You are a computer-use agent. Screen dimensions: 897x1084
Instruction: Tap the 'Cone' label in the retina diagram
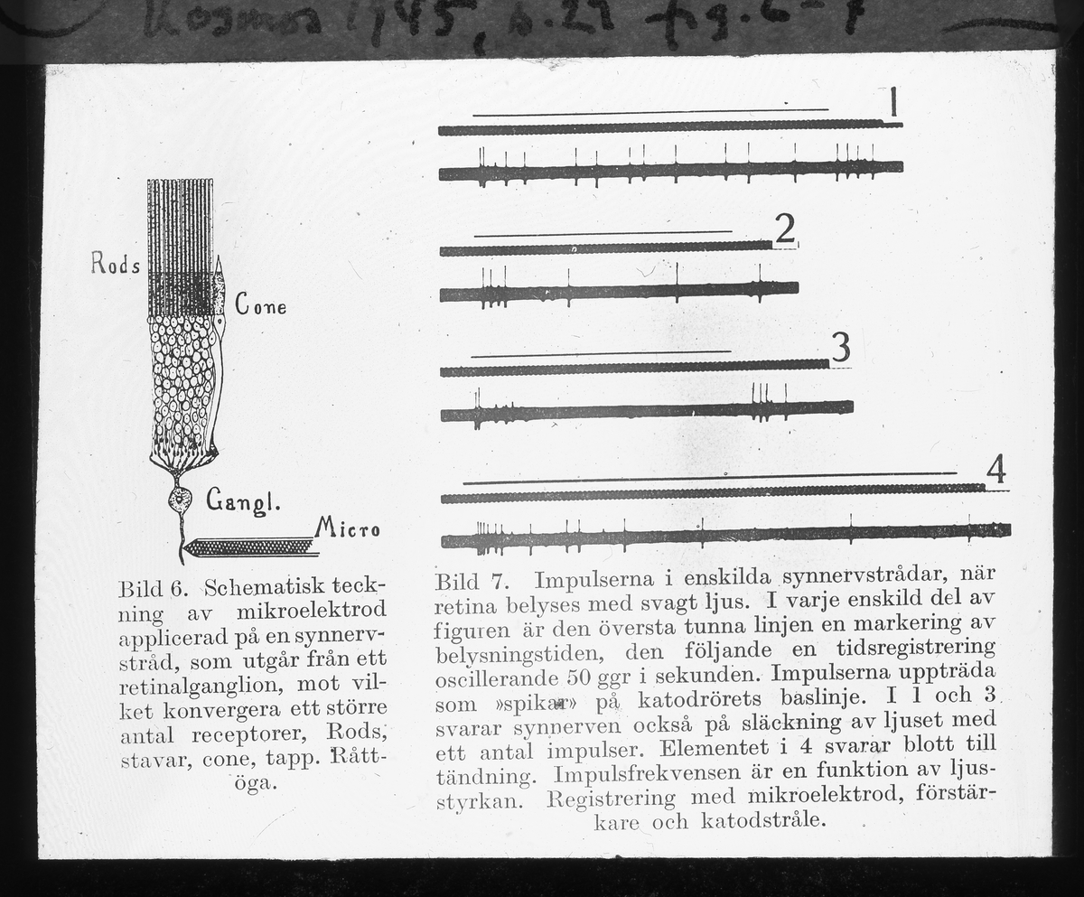point(261,305)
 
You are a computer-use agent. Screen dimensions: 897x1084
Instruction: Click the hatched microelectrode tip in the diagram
point(248,547)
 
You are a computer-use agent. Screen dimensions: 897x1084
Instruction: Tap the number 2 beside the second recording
point(784,229)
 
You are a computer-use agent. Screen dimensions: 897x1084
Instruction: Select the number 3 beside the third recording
point(840,347)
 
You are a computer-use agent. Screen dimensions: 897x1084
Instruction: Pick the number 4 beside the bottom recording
point(995,470)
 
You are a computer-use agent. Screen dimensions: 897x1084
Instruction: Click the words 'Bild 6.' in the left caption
point(152,588)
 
